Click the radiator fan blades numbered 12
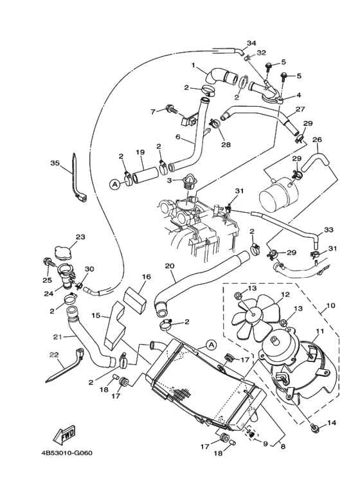252,315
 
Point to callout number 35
54,163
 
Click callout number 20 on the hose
170,266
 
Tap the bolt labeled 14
314,428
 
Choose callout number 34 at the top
251,43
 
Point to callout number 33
328,230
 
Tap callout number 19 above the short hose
139,152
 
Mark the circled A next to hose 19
114,184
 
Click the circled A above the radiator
210,345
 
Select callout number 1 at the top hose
192,65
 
